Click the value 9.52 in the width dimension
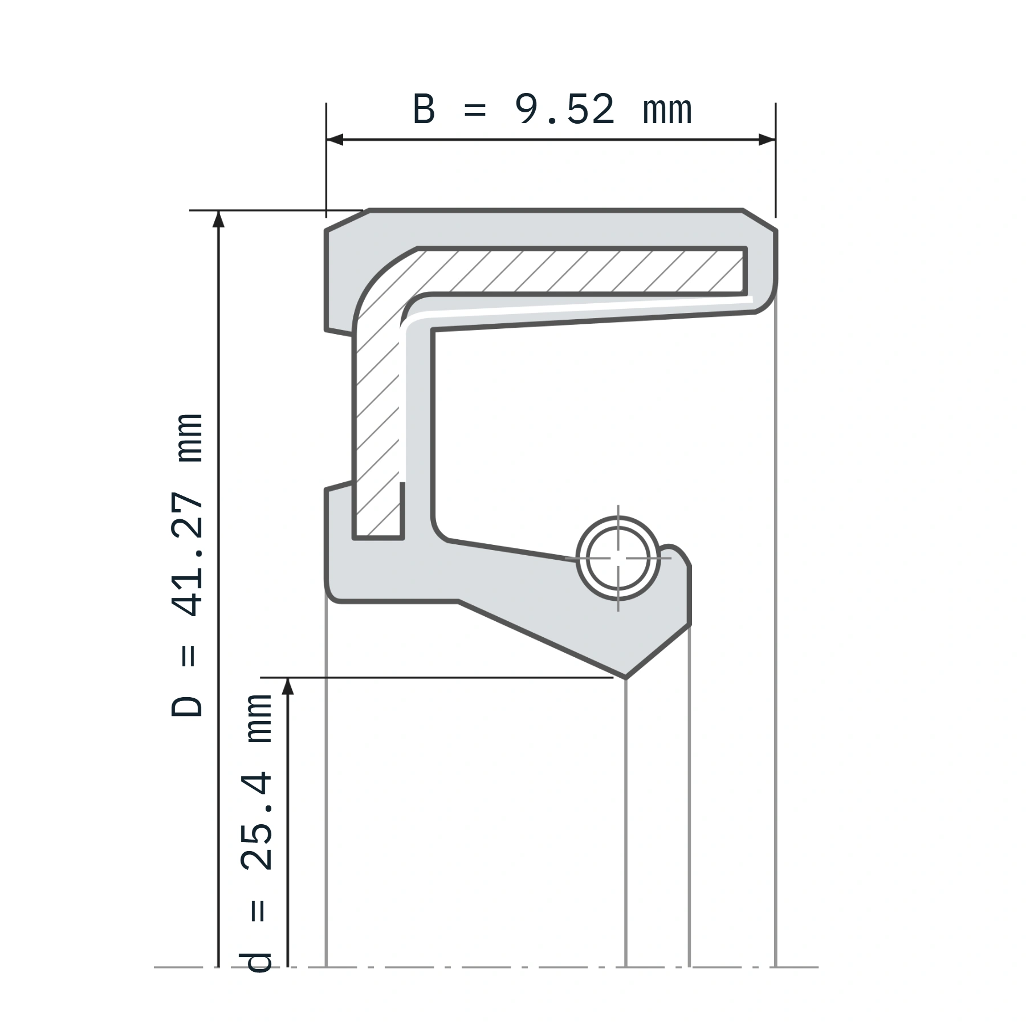pos(564,109)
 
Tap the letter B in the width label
pos(424,109)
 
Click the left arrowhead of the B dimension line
pos(335,140)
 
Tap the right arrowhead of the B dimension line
pos(767,140)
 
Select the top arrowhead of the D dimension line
pos(218,219)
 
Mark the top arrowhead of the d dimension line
pos(288,686)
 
